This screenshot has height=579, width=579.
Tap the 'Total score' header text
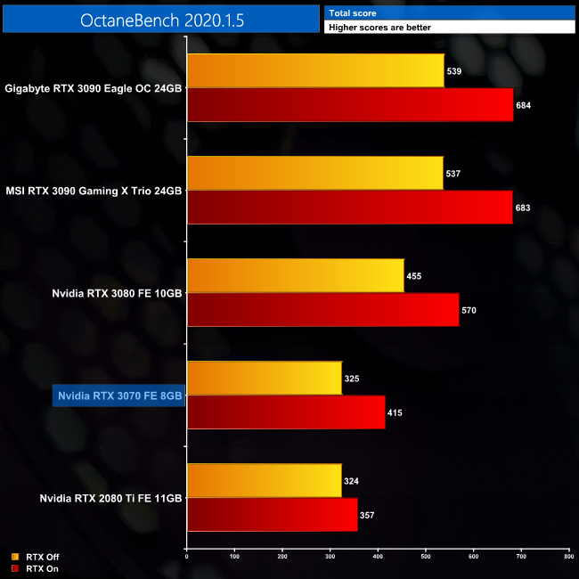tap(352, 13)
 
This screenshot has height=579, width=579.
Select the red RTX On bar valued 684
tap(350, 105)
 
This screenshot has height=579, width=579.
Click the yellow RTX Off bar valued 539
tap(315, 71)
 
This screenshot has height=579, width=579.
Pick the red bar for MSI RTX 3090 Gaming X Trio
tap(350, 208)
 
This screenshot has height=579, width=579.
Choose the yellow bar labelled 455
tap(295, 276)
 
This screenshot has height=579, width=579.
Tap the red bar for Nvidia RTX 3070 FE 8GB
tap(286, 412)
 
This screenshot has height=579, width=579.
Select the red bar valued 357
tap(272, 515)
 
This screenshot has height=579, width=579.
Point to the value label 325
tap(353, 379)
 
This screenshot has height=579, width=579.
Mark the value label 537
tap(454, 174)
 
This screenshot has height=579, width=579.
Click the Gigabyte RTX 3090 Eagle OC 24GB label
tap(94, 88)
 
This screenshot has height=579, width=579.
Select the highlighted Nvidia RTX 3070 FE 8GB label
tap(119, 396)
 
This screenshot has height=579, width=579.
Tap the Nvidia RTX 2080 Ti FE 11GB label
tap(111, 498)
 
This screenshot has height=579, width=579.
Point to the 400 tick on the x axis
tap(378, 557)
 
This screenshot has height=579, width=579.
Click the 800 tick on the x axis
tap(568, 557)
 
